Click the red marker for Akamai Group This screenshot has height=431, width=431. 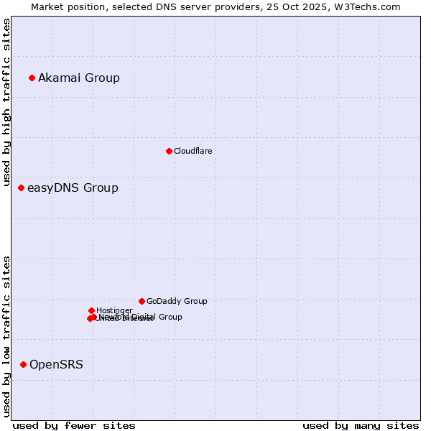pos(32,78)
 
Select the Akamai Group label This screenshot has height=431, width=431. pos(79,78)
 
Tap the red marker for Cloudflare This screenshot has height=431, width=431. pos(169,151)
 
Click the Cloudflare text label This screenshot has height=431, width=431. pos(193,151)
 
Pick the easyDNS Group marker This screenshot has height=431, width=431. pos(22,187)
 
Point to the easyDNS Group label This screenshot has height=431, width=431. pos(73,188)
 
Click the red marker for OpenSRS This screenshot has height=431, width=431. pos(24,364)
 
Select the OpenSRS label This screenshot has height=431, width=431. pos(56,364)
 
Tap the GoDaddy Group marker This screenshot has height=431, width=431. pos(142,301)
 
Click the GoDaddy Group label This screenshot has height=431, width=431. pos(177,301)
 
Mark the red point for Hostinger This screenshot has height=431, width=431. pos(91,310)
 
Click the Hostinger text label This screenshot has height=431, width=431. pos(114,310)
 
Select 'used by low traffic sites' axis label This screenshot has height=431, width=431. pos(7,336)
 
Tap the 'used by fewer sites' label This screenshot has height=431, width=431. pos(74,425)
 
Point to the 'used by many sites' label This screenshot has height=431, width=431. pos(361,425)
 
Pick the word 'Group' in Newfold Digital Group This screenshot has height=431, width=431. pos(170,317)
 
